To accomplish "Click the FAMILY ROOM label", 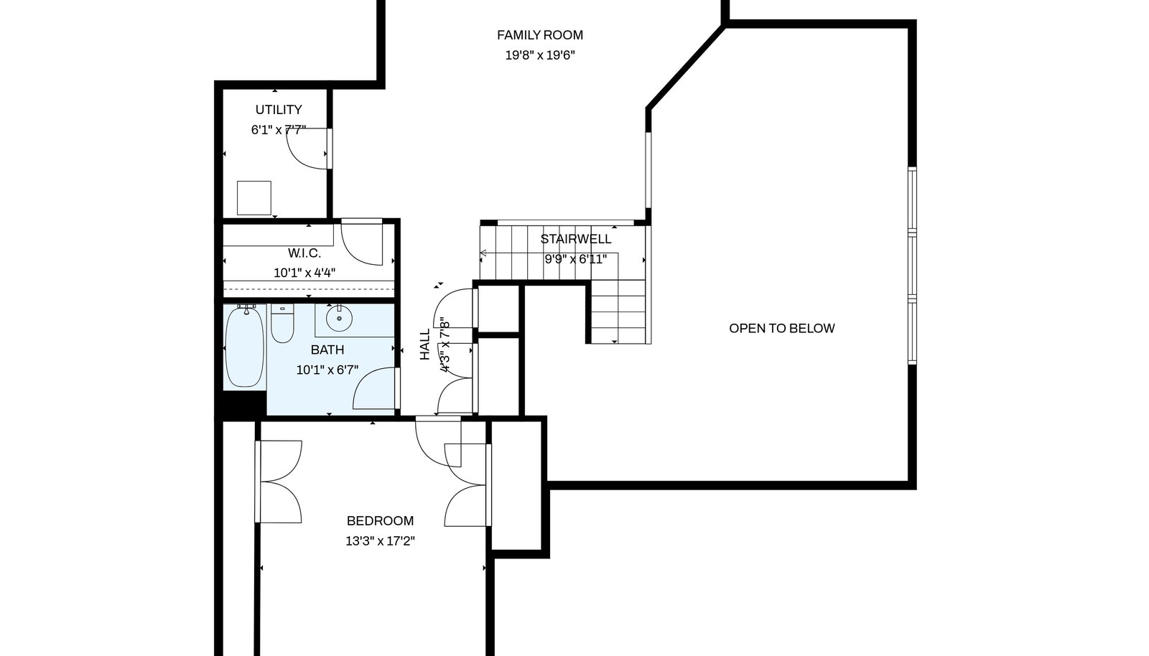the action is click(x=539, y=35).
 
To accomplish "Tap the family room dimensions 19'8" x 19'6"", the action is click(x=539, y=55).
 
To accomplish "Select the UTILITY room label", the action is click(x=279, y=110).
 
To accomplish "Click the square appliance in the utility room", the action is click(x=254, y=198).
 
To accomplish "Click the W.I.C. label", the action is click(x=304, y=253).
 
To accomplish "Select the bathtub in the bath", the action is click(x=245, y=347).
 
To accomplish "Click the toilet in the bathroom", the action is click(x=282, y=323).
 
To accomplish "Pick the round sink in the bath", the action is click(x=339, y=318).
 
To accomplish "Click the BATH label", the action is click(x=327, y=350).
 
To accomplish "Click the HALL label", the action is click(x=425, y=345).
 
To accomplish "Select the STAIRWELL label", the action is click(x=575, y=239).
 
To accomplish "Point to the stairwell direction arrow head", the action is click(x=483, y=253).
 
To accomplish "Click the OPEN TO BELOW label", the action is click(x=782, y=329).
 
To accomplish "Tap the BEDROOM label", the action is click(x=380, y=521).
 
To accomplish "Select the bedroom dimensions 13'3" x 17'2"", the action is click(x=380, y=541).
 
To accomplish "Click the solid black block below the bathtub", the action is click(x=244, y=403).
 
